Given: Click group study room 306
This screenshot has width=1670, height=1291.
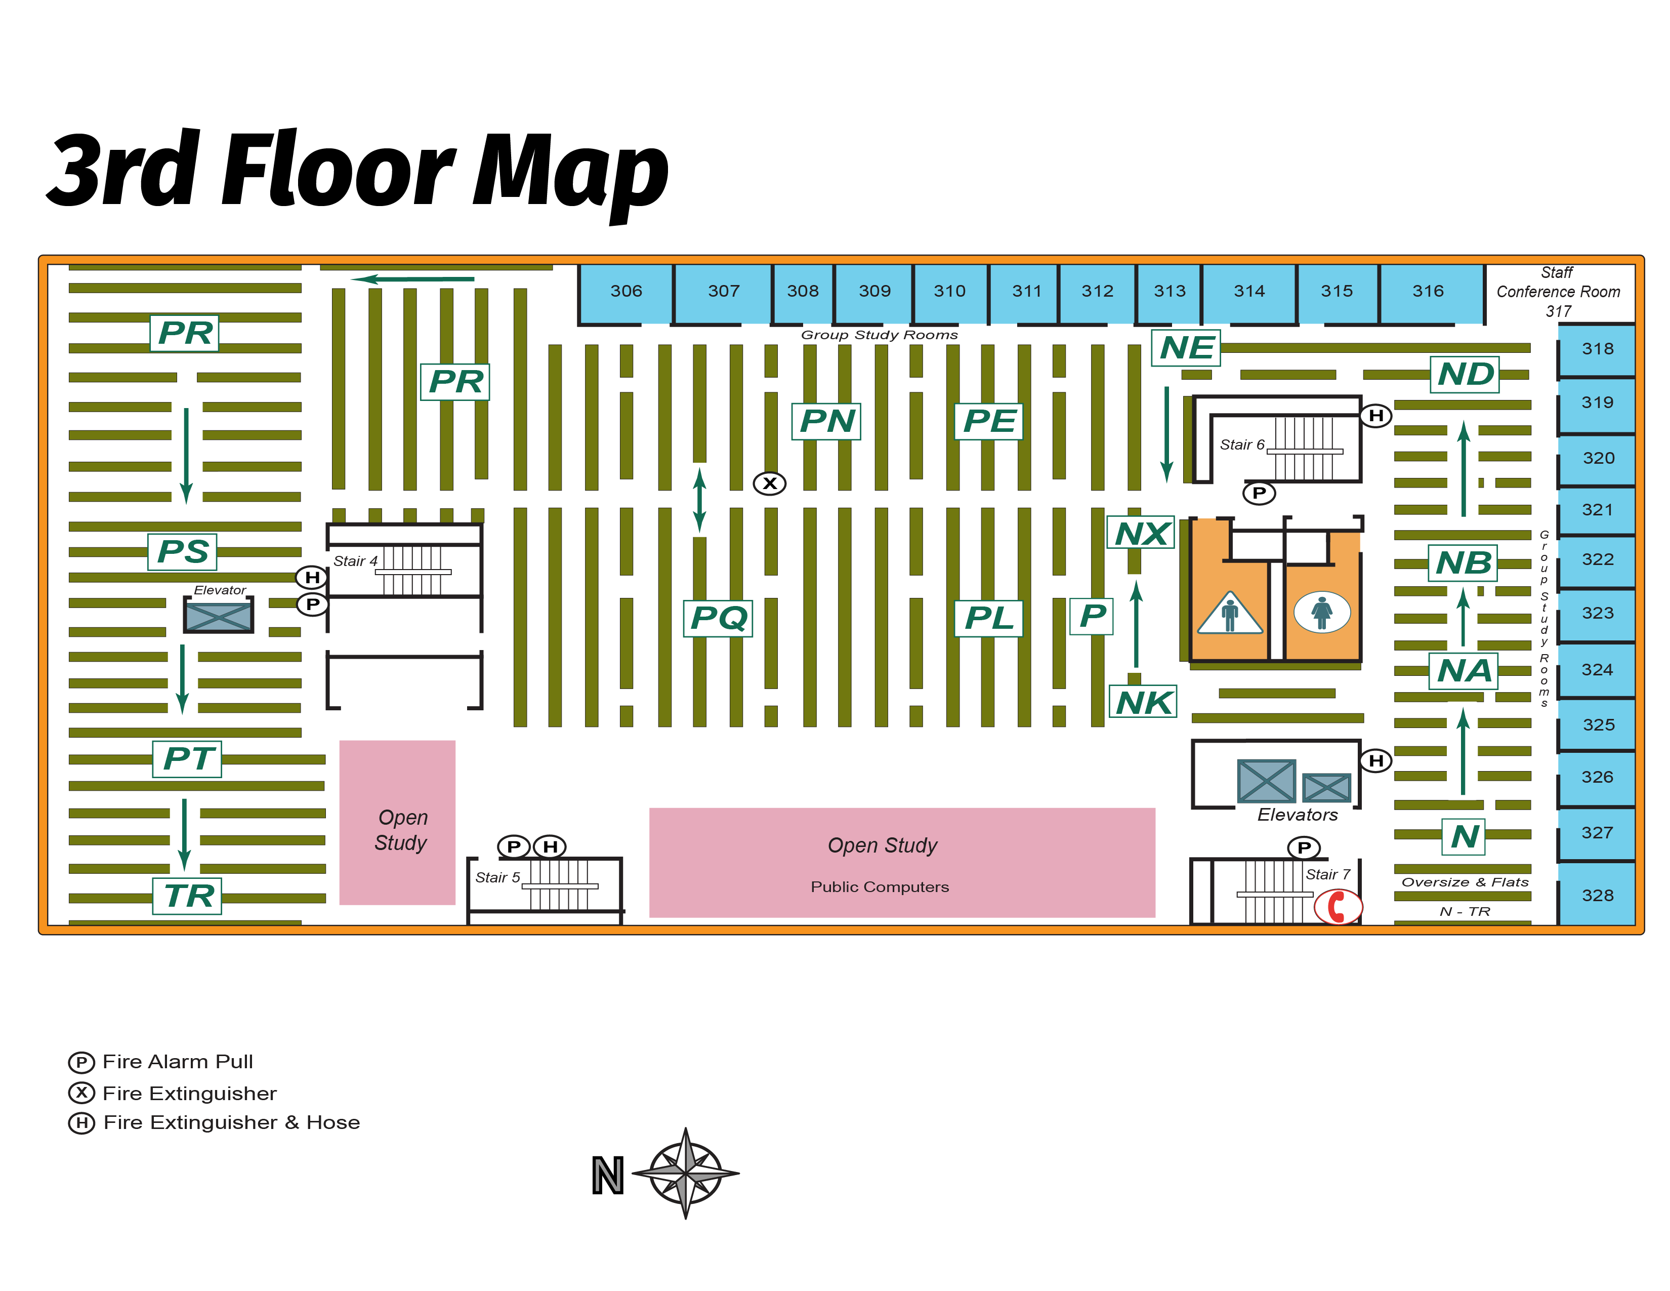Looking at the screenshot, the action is [x=625, y=293].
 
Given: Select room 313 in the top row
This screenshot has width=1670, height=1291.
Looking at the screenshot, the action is [x=1169, y=293].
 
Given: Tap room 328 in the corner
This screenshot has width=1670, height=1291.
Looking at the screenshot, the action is [x=1597, y=895].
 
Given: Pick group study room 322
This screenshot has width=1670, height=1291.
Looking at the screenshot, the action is [x=1597, y=560].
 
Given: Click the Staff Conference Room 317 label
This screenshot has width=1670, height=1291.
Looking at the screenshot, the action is [x=1558, y=292].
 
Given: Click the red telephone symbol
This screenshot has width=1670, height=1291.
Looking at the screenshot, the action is [x=1338, y=907].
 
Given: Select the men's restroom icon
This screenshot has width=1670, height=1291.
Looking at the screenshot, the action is [x=1230, y=614].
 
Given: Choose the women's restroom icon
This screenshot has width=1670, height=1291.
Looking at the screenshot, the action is [x=1321, y=613].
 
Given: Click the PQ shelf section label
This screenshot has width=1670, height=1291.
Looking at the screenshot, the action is [x=717, y=618].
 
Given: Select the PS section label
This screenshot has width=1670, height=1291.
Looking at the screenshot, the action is [x=182, y=551].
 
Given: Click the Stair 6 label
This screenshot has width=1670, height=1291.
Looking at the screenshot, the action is [x=1242, y=445].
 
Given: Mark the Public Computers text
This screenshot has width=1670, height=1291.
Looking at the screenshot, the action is [x=880, y=887].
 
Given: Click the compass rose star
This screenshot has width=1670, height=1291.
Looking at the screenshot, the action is [x=686, y=1173].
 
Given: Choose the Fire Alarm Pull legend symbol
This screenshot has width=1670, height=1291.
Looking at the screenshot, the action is [x=81, y=1062].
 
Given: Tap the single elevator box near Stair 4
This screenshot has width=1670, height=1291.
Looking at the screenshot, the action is [x=218, y=615].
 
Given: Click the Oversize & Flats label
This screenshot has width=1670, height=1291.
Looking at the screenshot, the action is [x=1465, y=882].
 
